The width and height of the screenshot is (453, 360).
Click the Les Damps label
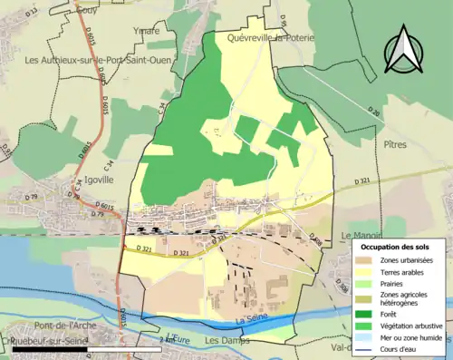[225, 341]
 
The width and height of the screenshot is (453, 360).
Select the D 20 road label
[373, 112]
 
